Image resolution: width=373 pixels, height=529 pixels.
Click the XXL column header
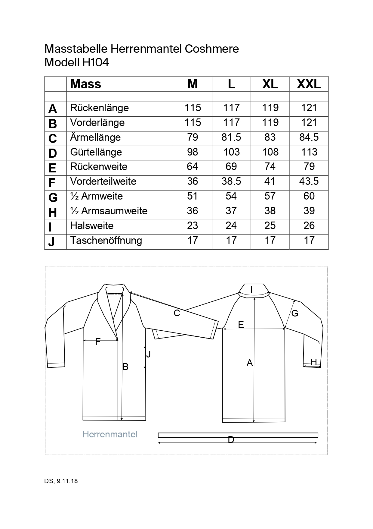pos(309,84)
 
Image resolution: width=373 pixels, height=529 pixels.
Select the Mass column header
pos(86,84)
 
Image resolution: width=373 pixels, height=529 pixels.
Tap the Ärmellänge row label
pos(95,137)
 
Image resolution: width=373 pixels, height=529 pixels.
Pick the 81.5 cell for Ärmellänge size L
pos(231,137)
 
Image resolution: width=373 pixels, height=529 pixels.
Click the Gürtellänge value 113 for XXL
pos(309,152)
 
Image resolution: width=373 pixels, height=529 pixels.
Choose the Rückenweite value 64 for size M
pos(193,167)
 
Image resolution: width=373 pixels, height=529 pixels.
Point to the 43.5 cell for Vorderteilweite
pos(309,181)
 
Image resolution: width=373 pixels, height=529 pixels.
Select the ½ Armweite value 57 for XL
pos(270,196)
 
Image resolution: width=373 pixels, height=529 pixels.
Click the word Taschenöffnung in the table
pos(106,241)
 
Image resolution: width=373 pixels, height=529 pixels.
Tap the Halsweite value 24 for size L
pos(231,226)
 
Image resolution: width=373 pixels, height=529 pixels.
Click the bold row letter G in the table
pos(53,197)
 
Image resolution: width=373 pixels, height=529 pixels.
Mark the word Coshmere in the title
pos(212,49)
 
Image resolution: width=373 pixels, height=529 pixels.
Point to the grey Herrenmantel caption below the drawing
pos(110,434)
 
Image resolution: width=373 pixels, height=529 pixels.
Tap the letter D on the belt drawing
pos(231,440)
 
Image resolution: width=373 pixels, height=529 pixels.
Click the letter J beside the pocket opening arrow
pos(148,354)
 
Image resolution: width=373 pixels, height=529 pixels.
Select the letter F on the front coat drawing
pos(97,342)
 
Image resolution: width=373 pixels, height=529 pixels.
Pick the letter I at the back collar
pos(251,290)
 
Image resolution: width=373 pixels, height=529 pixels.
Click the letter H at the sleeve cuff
pos(314,362)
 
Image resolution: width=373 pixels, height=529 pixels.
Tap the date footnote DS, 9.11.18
pos(61,481)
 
